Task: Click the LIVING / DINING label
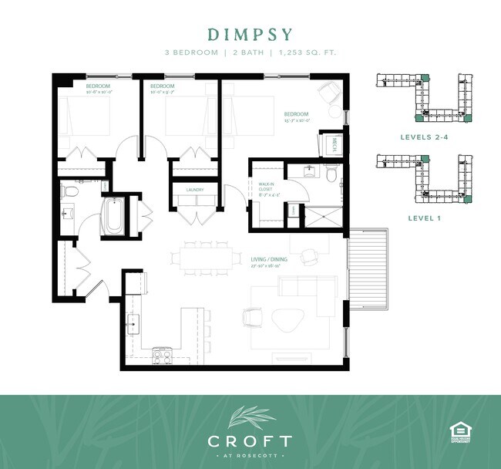click(269, 259)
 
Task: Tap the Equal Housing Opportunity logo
click(459, 433)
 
